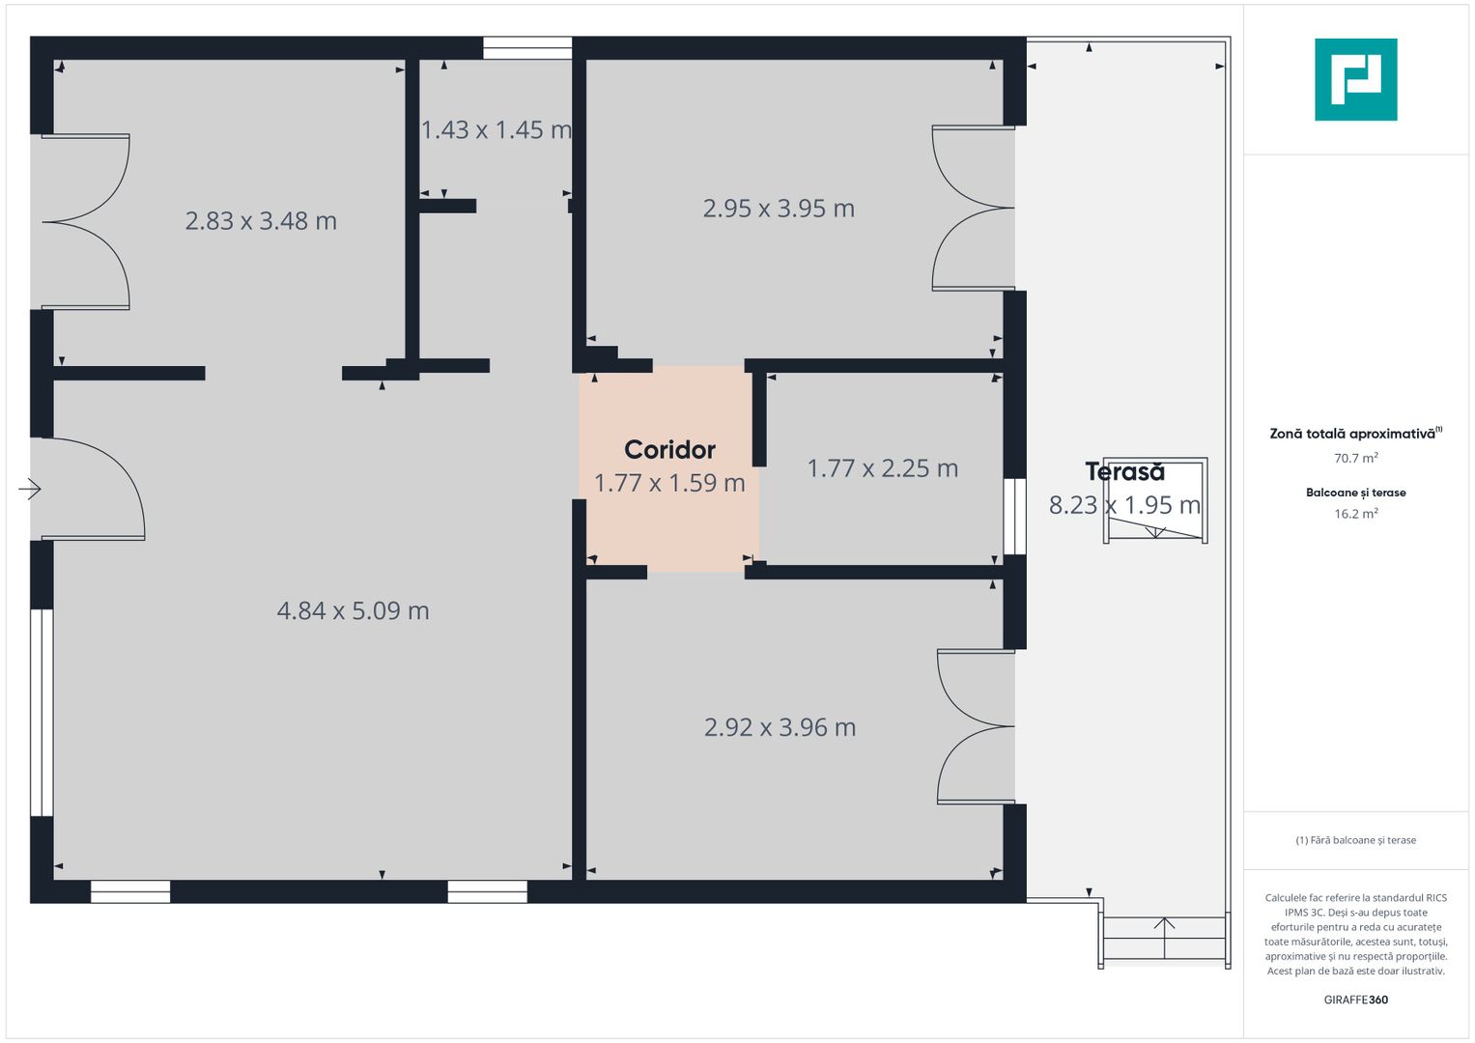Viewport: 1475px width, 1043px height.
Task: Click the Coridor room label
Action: [669, 450]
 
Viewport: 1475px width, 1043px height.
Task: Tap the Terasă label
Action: [1124, 471]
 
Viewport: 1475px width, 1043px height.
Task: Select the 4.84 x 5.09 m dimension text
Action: [353, 611]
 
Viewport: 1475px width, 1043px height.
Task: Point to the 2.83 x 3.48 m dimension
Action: [261, 220]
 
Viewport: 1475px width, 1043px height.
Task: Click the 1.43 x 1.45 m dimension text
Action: [496, 129]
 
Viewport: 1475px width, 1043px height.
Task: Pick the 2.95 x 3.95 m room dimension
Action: [779, 208]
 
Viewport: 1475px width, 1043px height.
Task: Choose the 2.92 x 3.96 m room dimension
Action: [780, 727]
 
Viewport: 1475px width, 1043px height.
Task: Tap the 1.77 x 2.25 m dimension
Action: [882, 468]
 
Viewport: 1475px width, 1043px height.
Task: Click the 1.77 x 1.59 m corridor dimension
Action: [669, 483]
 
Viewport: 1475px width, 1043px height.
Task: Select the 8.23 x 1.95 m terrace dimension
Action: [1124, 505]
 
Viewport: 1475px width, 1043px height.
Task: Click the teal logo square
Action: [1356, 79]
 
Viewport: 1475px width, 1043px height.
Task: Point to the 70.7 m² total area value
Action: [1356, 458]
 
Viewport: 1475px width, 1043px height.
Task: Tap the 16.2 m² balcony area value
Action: [1356, 514]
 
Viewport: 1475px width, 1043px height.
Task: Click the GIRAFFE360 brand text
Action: [1356, 1000]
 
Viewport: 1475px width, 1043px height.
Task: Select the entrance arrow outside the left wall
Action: [30, 490]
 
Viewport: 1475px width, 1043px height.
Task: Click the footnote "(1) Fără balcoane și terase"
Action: [1356, 840]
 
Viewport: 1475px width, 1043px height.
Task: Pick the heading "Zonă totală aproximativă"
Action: [1352, 434]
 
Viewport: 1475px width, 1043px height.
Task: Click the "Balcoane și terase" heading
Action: [1356, 493]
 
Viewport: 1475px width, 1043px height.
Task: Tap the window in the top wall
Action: [527, 48]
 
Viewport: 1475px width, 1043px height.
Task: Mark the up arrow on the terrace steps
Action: [1164, 938]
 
